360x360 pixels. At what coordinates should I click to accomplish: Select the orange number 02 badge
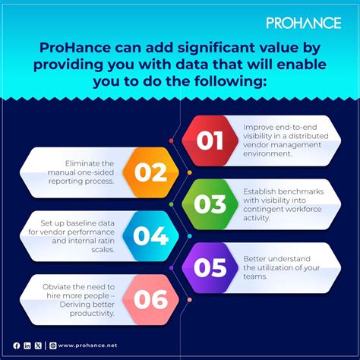click(x=150, y=172)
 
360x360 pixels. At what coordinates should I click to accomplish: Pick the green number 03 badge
click(x=210, y=205)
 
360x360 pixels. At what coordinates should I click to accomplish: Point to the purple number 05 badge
click(x=210, y=268)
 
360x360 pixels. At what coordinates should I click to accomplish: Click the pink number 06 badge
click(x=150, y=299)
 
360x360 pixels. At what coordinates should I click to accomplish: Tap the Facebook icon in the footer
click(x=16, y=346)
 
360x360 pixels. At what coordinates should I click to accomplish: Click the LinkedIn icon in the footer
click(x=27, y=346)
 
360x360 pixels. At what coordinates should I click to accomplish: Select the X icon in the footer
click(x=38, y=346)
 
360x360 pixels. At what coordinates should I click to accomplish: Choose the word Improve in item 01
click(x=259, y=128)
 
